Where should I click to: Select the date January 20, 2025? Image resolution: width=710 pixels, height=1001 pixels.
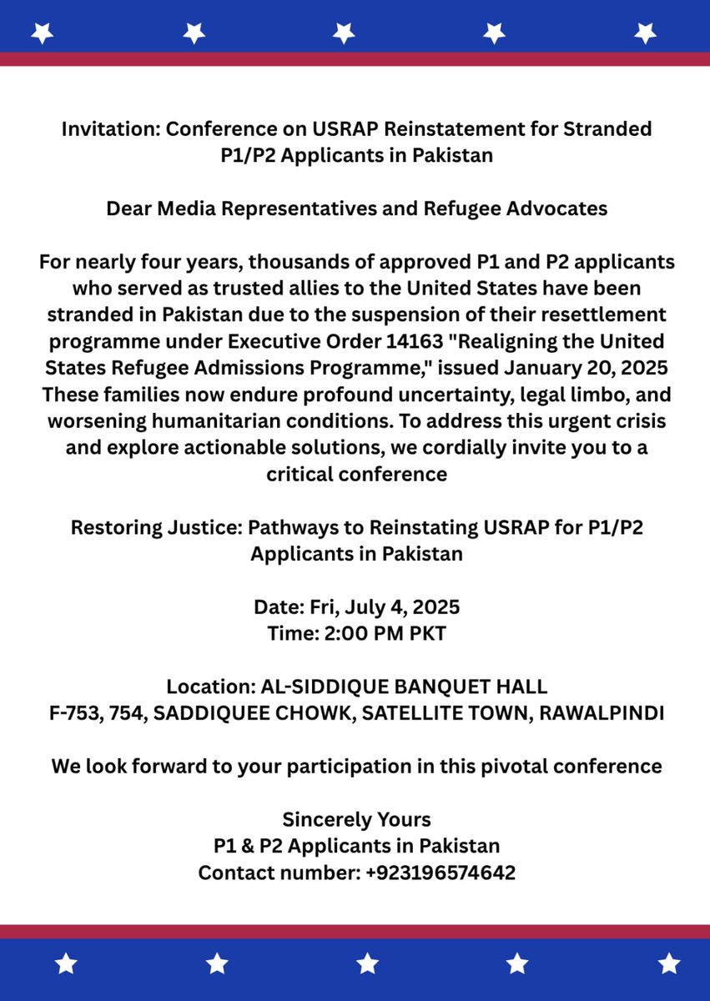tap(588, 369)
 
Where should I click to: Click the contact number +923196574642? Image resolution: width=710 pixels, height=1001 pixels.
tap(441, 873)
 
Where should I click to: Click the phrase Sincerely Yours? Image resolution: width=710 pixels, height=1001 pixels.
tap(356, 819)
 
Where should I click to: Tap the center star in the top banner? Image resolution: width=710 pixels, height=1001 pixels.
tap(344, 33)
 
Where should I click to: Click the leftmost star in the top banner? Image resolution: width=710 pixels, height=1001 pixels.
tap(43, 33)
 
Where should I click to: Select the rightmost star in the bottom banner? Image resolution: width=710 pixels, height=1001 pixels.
tap(668, 963)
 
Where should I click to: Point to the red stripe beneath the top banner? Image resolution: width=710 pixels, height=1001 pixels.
tap(355, 59)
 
